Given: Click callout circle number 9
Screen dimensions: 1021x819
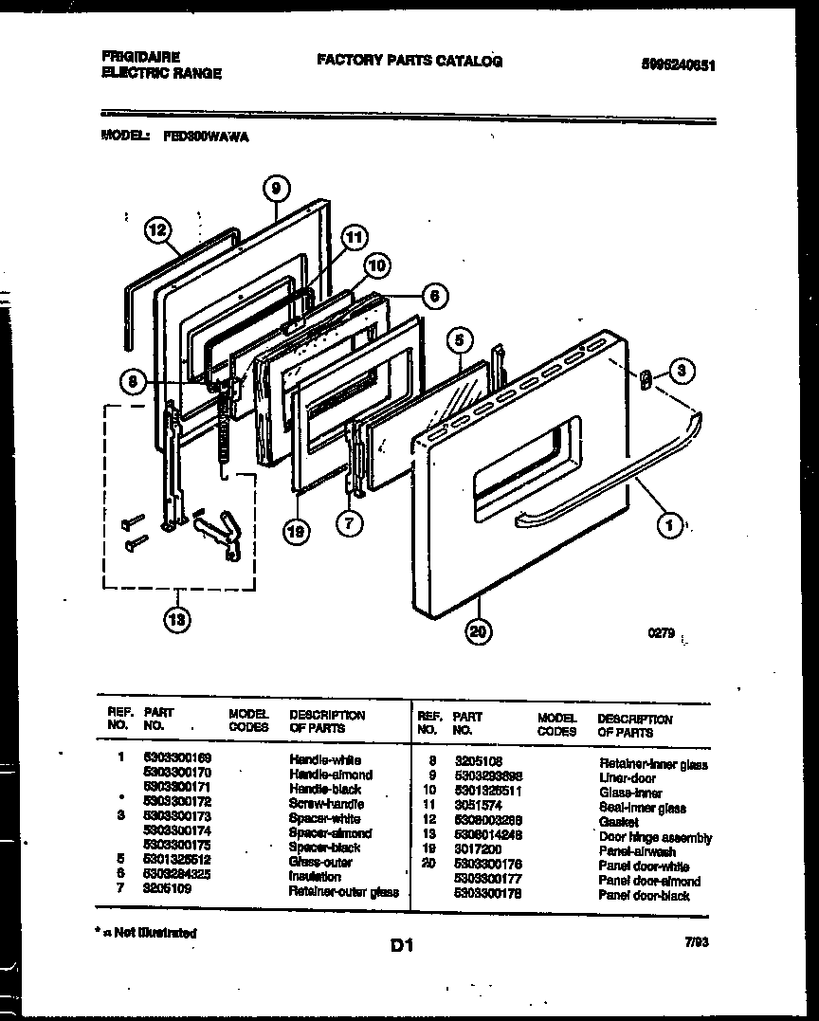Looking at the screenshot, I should pyautogui.click(x=274, y=190).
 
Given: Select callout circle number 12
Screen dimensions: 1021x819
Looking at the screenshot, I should pyautogui.click(x=158, y=229).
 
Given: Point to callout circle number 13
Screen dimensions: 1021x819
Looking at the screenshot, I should pyautogui.click(x=176, y=620).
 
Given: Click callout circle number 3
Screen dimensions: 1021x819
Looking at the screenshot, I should pyautogui.click(x=680, y=371).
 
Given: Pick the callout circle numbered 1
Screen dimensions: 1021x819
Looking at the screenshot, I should pyautogui.click(x=670, y=523).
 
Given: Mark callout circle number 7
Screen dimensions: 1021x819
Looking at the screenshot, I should pyautogui.click(x=351, y=522).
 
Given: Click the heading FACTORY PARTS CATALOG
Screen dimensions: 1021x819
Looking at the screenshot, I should pyautogui.click(x=409, y=61).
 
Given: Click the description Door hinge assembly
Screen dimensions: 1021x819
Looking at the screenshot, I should pyautogui.click(x=655, y=837).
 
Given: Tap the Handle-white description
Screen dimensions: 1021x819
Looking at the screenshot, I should pyautogui.click(x=324, y=759).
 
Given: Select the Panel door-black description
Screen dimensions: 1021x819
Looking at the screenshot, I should pyautogui.click(x=644, y=895).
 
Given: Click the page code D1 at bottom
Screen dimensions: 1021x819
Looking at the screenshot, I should pyautogui.click(x=401, y=944).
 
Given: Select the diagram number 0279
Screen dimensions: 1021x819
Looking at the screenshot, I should pyautogui.click(x=661, y=633).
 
